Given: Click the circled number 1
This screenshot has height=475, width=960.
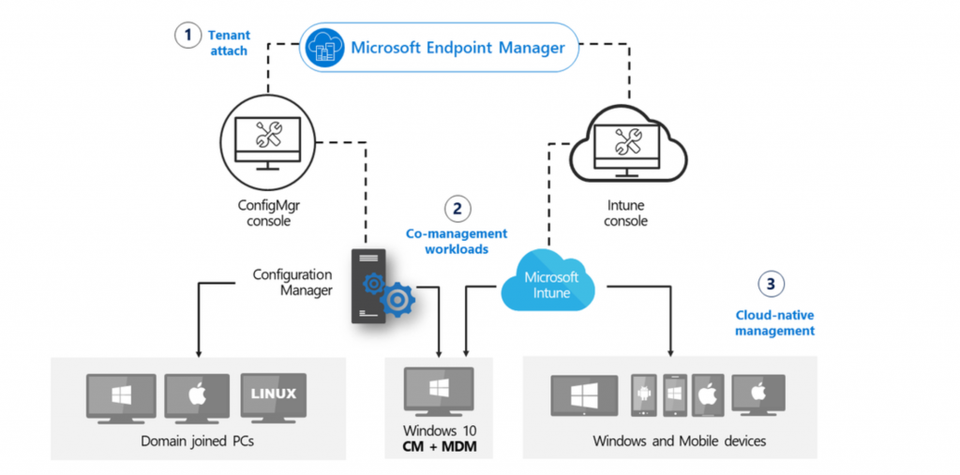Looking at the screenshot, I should tap(188, 36).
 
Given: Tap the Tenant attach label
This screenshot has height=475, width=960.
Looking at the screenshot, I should tap(229, 43).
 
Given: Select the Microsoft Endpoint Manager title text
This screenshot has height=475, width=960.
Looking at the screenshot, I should tap(457, 47).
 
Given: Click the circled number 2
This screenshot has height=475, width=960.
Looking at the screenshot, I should tap(457, 208).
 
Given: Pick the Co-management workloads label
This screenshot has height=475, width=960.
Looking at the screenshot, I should tap(457, 241).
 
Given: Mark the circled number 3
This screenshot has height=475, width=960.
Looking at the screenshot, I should tap(771, 283).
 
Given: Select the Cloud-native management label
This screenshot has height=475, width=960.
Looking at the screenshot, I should tap(774, 323).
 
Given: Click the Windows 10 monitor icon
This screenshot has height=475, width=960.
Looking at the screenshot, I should tap(438, 392).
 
